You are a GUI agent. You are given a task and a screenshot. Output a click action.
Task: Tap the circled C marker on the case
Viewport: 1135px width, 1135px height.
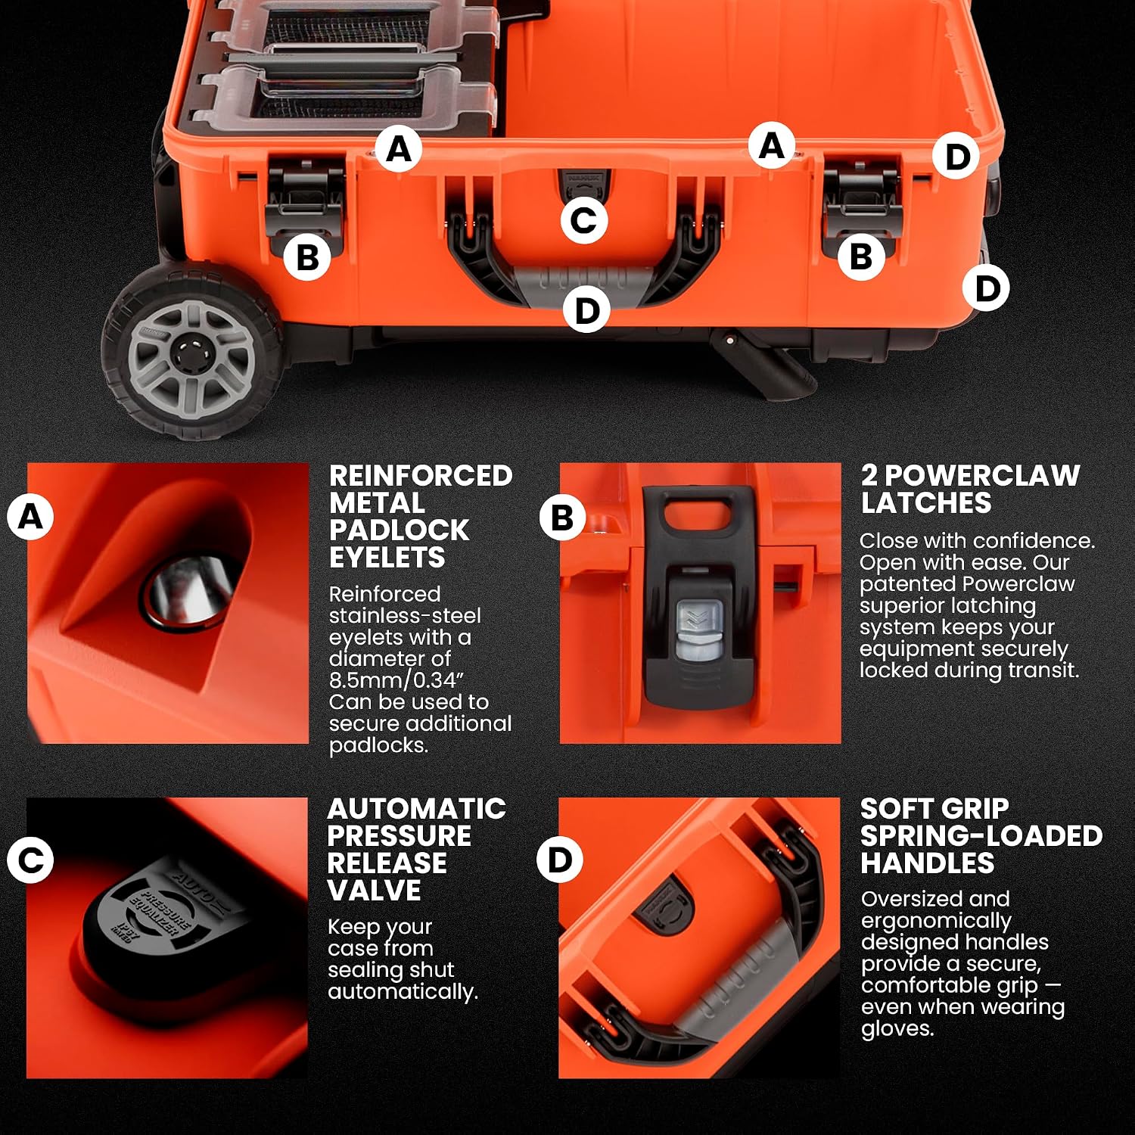click(583, 220)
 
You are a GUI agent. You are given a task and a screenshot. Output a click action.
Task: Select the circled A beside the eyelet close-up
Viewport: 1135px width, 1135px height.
click(30, 517)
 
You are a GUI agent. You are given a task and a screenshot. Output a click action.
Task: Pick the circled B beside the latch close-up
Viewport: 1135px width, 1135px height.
click(562, 518)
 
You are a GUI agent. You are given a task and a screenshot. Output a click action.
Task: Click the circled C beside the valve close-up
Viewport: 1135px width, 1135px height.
click(30, 860)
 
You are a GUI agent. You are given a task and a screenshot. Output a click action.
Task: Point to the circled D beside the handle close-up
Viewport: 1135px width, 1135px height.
click(560, 859)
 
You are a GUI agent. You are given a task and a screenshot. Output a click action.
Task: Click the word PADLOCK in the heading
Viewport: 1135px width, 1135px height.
click(399, 530)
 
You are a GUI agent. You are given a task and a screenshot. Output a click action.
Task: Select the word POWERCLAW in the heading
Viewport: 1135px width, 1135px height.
click(981, 475)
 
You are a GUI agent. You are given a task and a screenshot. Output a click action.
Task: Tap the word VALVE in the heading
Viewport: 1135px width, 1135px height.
click(374, 890)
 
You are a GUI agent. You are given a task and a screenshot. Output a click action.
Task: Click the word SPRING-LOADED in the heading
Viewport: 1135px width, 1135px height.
click(981, 835)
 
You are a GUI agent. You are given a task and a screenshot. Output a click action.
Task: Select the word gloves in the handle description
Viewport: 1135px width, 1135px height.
click(896, 1029)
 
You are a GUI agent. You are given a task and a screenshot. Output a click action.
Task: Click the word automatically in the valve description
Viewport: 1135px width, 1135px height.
click(403, 991)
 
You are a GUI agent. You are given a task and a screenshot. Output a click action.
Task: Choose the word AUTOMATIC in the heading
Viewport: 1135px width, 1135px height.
click(417, 808)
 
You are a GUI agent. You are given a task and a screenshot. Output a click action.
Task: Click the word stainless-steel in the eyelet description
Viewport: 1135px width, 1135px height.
click(405, 616)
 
